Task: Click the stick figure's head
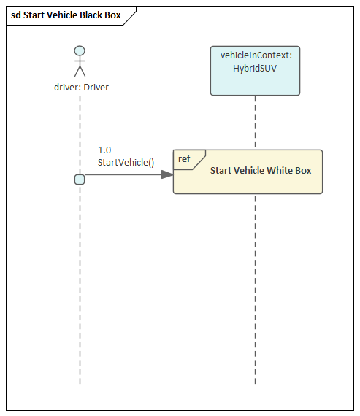[80, 51]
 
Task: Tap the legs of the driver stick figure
[80, 72]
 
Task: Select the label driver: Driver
[81, 88]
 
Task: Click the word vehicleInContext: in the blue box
[255, 55]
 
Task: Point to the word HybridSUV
[255, 69]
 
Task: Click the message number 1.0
[104, 150]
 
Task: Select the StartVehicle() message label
[126, 162]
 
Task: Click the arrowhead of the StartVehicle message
[167, 174]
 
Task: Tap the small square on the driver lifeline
[80, 180]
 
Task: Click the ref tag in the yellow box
[185, 158]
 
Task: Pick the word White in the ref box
[281, 171]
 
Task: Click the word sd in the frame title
[15, 15]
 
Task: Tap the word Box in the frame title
[112, 15]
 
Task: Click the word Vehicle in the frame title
[61, 15]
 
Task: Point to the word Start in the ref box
[222, 171]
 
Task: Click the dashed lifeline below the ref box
[255, 292]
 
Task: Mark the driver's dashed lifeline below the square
[80, 292]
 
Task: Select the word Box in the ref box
[303, 171]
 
